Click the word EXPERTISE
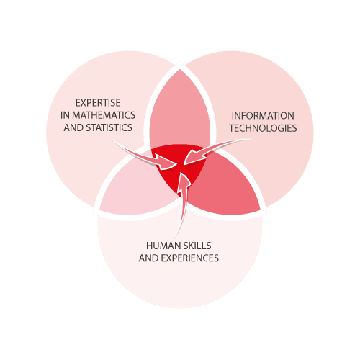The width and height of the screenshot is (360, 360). [x=98, y=103]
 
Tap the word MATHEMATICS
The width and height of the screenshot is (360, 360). [x=104, y=115]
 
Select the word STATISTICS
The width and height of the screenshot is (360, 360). [x=109, y=127]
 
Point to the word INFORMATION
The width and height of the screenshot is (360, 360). [x=263, y=116]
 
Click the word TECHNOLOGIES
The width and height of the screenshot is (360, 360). [x=263, y=128]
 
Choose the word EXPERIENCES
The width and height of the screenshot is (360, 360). [x=190, y=258]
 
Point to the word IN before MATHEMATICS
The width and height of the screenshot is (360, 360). [x=65, y=115]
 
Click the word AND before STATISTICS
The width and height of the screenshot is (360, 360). [x=73, y=127]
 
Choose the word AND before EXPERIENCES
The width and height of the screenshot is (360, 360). [x=149, y=258]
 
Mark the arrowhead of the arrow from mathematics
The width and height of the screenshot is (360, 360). [x=167, y=163]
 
